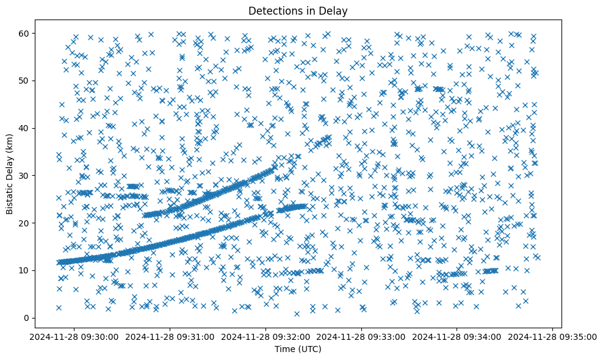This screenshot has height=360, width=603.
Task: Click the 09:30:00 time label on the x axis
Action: click(74, 336)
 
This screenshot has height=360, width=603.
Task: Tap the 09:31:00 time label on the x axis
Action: click(170, 336)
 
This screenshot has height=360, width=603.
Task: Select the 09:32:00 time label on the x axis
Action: click(266, 336)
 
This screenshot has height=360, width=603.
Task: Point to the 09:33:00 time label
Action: click(362, 336)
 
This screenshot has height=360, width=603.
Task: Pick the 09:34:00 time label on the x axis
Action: click(458, 336)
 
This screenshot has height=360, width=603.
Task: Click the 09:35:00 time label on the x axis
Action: click(553, 336)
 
